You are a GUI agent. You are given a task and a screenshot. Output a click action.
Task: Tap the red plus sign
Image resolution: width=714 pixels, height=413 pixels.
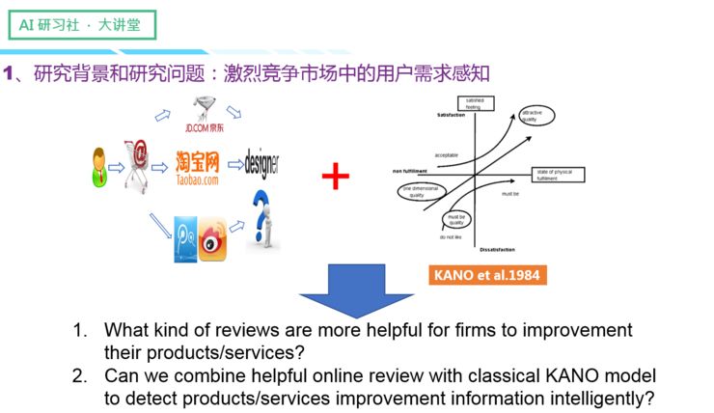coord(334,176)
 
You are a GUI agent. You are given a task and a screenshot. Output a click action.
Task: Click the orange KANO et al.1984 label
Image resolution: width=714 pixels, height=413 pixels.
coord(486,275)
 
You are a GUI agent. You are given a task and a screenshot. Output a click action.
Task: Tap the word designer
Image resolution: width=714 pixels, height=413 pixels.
coord(265,161)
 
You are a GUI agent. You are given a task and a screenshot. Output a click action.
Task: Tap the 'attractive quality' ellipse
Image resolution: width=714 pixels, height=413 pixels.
coord(535,116)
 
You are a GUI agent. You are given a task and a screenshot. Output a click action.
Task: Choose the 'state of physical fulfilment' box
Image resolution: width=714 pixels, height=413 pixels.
coord(557,175)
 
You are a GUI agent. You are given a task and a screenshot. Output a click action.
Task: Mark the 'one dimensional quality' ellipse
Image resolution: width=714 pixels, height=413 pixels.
coord(421,189)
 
